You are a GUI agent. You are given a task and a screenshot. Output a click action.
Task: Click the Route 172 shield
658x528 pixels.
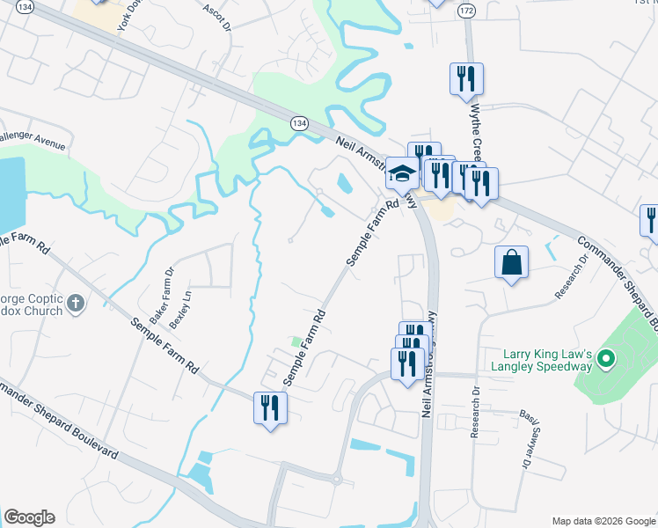[465, 10]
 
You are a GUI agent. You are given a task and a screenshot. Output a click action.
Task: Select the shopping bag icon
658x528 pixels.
[511, 262]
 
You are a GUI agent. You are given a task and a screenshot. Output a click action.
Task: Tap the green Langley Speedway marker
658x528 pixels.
[605, 358]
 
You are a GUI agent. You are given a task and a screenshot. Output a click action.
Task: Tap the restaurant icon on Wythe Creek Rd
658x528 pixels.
[465, 78]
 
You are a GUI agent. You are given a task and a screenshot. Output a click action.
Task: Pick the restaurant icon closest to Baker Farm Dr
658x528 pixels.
[269, 407]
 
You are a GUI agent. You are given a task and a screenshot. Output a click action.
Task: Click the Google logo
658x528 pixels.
[29, 517]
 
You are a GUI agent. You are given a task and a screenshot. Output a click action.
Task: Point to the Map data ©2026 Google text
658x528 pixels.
[603, 521]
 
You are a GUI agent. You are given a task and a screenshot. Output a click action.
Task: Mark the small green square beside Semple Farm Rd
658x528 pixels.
[296, 341]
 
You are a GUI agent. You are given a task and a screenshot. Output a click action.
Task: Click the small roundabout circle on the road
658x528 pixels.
[336, 480]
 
